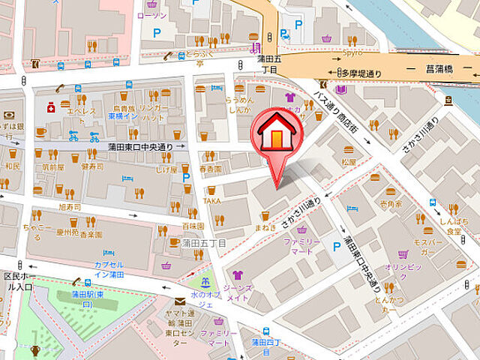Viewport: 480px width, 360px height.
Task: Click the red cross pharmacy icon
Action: (51, 107)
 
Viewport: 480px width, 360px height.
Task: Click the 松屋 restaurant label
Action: (347, 160)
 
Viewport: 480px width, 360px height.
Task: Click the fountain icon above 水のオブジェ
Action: (204, 283)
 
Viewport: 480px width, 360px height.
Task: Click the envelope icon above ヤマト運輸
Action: (179, 302)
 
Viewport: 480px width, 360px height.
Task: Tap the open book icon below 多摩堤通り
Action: (341, 89)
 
